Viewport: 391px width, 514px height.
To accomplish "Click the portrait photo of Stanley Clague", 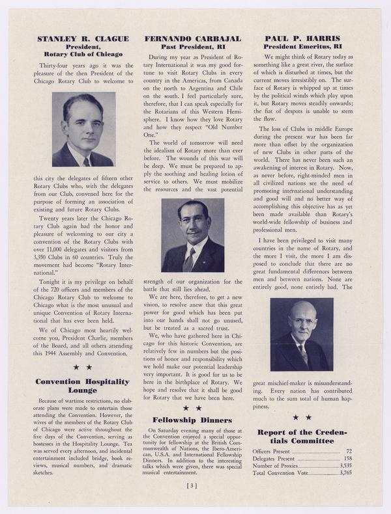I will pos(83,129).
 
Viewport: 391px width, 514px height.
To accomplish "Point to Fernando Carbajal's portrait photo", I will pos(192,235).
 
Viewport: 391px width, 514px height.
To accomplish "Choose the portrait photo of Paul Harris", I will pos(301,334).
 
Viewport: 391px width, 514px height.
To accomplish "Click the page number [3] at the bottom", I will pos(192,485).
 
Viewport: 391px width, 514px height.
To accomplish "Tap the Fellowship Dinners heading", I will pos(192,420).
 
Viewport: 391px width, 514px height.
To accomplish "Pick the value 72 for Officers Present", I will pos(349,451).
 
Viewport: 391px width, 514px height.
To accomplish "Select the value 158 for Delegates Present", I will pos(347,459).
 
